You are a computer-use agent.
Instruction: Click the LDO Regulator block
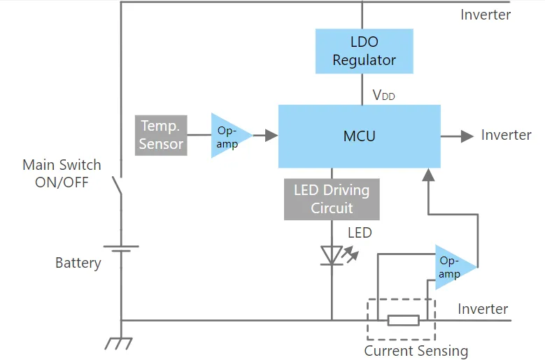(364, 51)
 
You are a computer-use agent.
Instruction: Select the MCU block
(360, 136)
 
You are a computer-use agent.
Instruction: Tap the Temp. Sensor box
(161, 135)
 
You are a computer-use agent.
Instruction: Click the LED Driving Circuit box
(332, 199)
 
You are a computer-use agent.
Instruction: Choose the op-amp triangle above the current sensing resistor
(453, 266)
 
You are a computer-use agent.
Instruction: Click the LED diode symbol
(331, 254)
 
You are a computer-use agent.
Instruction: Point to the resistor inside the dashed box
(404, 320)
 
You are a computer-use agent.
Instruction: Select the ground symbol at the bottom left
(120, 342)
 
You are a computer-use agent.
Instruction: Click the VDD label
(383, 95)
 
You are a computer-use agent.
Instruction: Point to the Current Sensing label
(416, 351)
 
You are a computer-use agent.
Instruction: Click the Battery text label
(78, 263)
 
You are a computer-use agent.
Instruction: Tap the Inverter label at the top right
(486, 15)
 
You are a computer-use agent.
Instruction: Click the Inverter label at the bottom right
(483, 309)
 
